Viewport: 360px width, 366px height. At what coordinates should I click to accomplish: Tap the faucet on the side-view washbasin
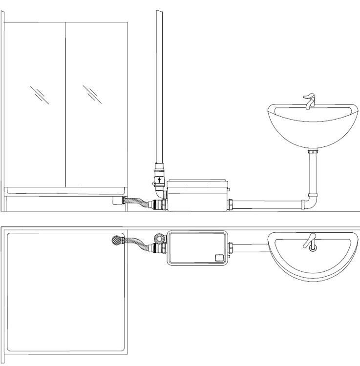(x=308, y=102)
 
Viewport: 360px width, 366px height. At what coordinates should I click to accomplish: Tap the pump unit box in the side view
(x=197, y=195)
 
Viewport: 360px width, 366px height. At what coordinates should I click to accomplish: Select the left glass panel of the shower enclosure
(x=35, y=102)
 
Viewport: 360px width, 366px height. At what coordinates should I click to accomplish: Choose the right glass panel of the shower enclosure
(x=96, y=102)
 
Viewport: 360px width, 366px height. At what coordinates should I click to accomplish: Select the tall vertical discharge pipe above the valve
(x=159, y=88)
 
